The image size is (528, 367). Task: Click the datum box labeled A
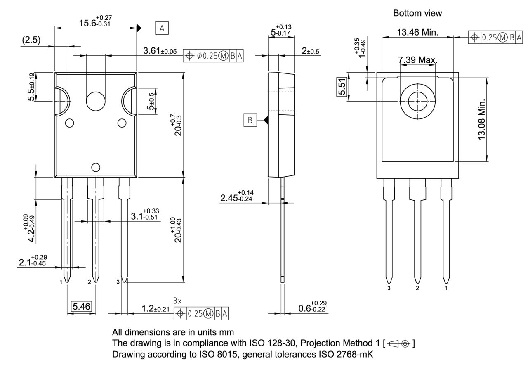[x=162, y=28]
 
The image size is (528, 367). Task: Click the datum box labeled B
[x=250, y=120]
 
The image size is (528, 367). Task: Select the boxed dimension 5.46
[x=81, y=306]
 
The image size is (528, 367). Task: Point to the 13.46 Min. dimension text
[x=417, y=32]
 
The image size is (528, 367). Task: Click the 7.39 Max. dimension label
[x=417, y=60]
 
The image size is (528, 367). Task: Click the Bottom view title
[x=417, y=13]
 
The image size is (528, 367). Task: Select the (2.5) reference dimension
[x=31, y=40]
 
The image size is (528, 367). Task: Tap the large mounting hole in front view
[x=95, y=100]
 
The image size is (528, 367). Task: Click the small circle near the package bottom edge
[x=96, y=167]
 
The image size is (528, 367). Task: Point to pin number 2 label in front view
[x=90, y=282]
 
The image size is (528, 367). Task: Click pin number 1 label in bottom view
[x=445, y=288]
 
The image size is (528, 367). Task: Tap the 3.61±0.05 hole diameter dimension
[x=160, y=51]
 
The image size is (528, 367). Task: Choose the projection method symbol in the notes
[x=400, y=343]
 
